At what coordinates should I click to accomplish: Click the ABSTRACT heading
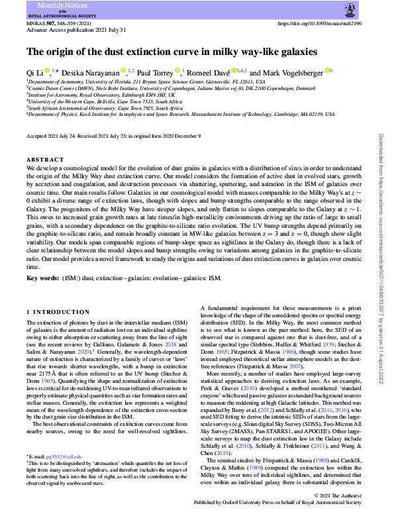(43, 160)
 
